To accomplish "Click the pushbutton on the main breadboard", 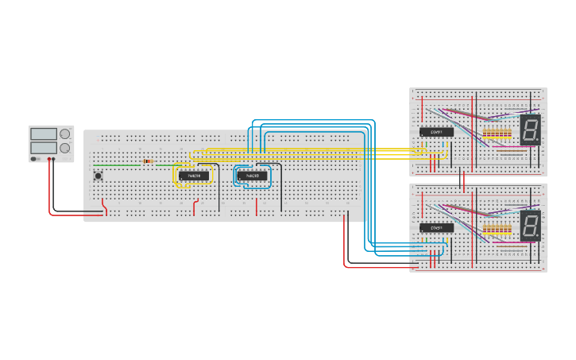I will click(x=99, y=176).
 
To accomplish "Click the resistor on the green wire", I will click(x=148, y=162).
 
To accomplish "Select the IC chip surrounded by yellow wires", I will click(x=193, y=176).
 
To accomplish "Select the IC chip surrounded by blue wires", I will click(x=252, y=176).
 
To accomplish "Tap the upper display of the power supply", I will click(x=43, y=134).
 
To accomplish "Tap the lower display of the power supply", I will click(x=43, y=148).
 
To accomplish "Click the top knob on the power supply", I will click(x=65, y=134).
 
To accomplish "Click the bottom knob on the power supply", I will click(x=65, y=148).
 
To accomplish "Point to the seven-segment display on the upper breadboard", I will click(x=531, y=130).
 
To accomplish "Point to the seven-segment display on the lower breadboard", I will click(x=531, y=226).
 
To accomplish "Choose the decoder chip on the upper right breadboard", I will click(x=436, y=132).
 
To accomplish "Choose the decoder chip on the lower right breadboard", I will click(x=436, y=228).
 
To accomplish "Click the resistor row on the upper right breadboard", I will click(x=497, y=133).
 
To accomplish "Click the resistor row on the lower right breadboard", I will click(x=497, y=230).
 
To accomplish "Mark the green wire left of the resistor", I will click(x=119, y=165).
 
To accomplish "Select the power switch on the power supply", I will click(x=34, y=159).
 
